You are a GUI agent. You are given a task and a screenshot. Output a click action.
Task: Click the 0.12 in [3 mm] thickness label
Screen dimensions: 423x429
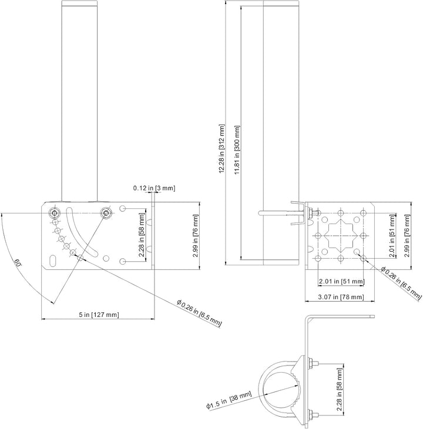point(154,188)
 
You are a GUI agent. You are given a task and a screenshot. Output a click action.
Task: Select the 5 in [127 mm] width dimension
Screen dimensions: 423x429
point(99,315)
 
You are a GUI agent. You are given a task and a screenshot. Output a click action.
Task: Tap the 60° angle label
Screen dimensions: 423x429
point(17,263)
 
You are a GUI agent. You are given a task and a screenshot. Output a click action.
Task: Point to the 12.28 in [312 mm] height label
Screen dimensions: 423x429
point(221,148)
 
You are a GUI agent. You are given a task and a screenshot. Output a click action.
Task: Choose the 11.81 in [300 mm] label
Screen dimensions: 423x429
point(237,150)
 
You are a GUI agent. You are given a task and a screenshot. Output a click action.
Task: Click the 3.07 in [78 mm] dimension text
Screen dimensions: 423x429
point(342,297)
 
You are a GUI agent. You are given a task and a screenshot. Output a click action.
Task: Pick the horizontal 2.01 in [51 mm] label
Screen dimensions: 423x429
point(342,281)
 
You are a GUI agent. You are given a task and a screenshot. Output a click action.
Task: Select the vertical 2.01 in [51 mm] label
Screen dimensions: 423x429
point(392,236)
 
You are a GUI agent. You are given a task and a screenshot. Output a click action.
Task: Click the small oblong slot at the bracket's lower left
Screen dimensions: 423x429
point(53,261)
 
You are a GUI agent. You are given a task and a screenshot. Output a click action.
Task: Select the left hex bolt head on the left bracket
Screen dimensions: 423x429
point(54,213)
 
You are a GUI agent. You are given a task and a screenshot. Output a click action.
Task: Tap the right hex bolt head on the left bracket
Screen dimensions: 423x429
point(106,213)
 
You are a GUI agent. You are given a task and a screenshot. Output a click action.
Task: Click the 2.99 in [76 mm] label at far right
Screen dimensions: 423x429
point(407,236)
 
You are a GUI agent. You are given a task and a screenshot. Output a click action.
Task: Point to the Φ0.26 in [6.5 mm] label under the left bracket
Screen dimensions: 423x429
point(199,313)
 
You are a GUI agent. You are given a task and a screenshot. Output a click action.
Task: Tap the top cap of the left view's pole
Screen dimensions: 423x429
point(79,4)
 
